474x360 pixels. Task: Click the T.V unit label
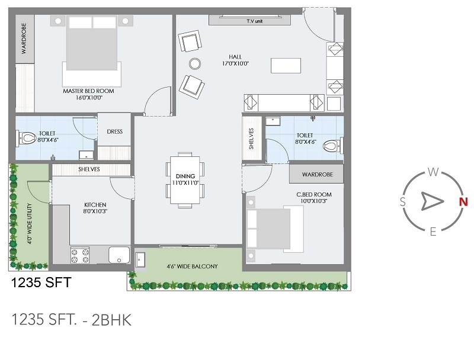coord(255,21)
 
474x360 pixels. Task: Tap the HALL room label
coord(235,57)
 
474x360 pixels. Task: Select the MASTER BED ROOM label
coord(88,91)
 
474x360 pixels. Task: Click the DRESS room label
coord(114,131)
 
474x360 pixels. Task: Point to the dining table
coord(185,180)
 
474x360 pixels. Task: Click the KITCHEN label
coord(95,205)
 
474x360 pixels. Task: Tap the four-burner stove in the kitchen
coord(80,255)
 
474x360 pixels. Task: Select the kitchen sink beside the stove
coord(119,255)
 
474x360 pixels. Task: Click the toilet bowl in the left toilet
coord(27,139)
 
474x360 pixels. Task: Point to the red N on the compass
coord(463,202)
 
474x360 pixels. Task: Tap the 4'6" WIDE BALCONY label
coord(192,266)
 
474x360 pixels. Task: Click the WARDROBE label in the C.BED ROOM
coord(318,175)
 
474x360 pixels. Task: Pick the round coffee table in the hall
coord(195,64)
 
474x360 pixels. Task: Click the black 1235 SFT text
coord(41,282)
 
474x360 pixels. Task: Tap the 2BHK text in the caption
coord(111,320)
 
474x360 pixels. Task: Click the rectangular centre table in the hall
coord(286,66)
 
